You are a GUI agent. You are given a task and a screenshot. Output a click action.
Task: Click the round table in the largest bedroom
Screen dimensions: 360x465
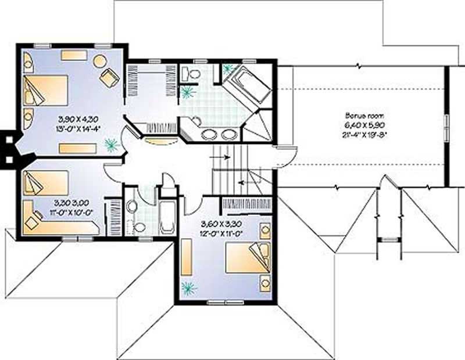(x=99, y=60)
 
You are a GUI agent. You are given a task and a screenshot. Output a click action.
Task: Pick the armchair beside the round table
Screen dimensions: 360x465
(x=109, y=77)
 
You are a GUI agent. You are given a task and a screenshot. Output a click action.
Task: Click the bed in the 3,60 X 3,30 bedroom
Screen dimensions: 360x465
(x=248, y=257)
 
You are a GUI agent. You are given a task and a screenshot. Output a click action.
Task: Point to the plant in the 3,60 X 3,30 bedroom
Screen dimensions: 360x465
(x=188, y=287)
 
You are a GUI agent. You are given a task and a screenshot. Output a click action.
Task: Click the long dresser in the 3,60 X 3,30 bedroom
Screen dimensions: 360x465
(x=187, y=257)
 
